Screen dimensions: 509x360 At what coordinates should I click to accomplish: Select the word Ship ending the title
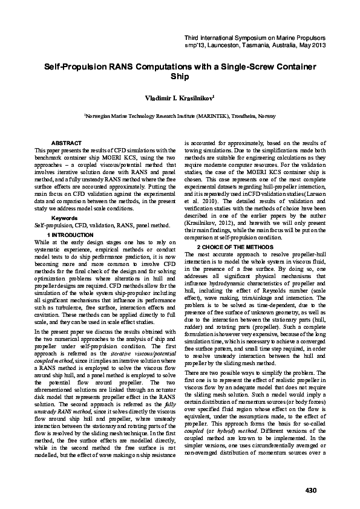(180, 77)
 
